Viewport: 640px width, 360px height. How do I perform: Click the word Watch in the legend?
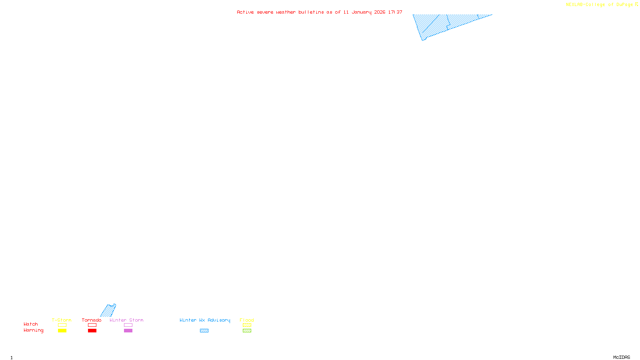[31, 324]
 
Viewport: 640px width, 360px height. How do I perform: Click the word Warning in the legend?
[33, 330]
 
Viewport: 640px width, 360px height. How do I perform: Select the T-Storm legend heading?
[62, 320]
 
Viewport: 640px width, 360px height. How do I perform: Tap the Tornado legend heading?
[92, 320]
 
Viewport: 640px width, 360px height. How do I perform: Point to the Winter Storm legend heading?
[126, 320]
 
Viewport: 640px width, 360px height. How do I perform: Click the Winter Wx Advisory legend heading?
[205, 320]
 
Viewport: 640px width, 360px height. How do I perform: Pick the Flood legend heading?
[247, 320]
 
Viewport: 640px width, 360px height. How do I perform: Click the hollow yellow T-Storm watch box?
[62, 325]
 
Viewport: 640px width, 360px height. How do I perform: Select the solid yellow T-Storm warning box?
[62, 331]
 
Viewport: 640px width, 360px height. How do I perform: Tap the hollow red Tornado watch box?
[92, 325]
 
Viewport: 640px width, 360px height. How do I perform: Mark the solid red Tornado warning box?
[92, 331]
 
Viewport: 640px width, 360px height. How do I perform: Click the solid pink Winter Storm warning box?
[128, 331]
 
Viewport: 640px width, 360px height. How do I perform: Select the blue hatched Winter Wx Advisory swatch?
[204, 331]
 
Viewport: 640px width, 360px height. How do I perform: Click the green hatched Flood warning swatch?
[247, 331]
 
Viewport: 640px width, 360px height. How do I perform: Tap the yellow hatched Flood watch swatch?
[247, 325]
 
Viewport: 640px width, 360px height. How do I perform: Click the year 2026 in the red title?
[380, 12]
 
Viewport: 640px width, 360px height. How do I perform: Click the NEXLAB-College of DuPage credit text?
[600, 5]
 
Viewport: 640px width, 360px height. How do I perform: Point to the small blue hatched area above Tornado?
[108, 311]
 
